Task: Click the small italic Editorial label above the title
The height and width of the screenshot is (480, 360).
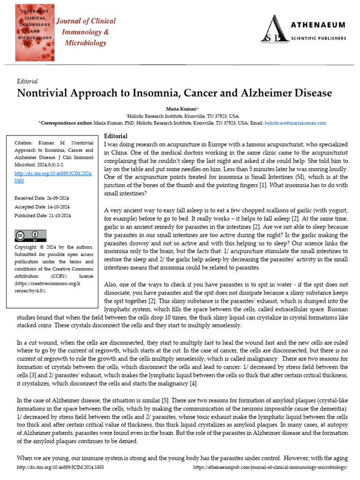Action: tap(27, 81)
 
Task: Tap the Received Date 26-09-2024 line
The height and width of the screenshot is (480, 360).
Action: tap(43, 198)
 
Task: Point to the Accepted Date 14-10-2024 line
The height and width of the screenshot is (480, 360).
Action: tap(43, 207)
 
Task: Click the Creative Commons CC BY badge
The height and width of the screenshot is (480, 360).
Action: tap(30, 235)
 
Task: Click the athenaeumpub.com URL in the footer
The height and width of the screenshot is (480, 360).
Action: tap(270, 468)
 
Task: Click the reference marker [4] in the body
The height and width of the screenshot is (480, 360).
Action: tap(193, 383)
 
